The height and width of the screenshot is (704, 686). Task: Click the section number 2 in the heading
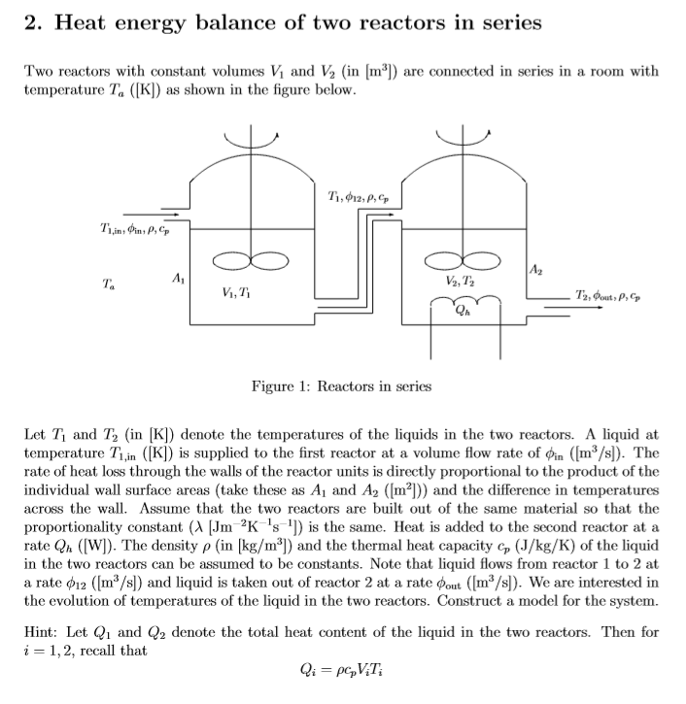click(x=30, y=22)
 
